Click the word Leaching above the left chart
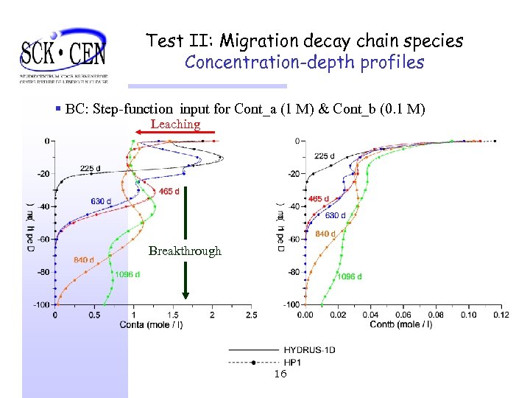pyautogui.click(x=175, y=125)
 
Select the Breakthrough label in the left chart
pyautogui.click(x=185, y=251)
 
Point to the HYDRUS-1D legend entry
pyautogui.click(x=309, y=350)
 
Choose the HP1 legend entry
pyautogui.click(x=294, y=363)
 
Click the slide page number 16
pyautogui.click(x=280, y=374)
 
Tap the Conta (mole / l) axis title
pyautogui.click(x=154, y=324)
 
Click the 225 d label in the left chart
pyautogui.click(x=91, y=169)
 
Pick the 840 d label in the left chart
pyautogui.click(x=84, y=259)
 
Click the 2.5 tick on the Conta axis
pyautogui.click(x=251, y=315)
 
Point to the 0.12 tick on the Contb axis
pyautogui.click(x=501, y=315)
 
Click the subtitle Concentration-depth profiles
pyautogui.click(x=304, y=63)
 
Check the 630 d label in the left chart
pyautogui.click(x=102, y=201)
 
